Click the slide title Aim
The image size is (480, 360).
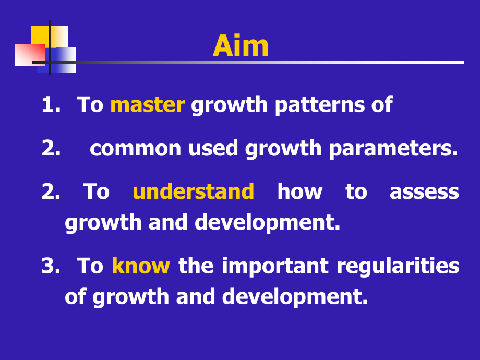tap(241, 46)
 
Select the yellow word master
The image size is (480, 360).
tap(147, 105)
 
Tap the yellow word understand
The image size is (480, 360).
tap(193, 191)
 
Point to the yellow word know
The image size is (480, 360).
tap(141, 266)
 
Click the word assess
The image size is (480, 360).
tap(424, 191)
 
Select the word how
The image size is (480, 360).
tap(299, 191)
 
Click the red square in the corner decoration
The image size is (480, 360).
tap(29, 55)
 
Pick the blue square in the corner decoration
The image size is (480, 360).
tap(65, 60)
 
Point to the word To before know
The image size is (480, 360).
tap(90, 266)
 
